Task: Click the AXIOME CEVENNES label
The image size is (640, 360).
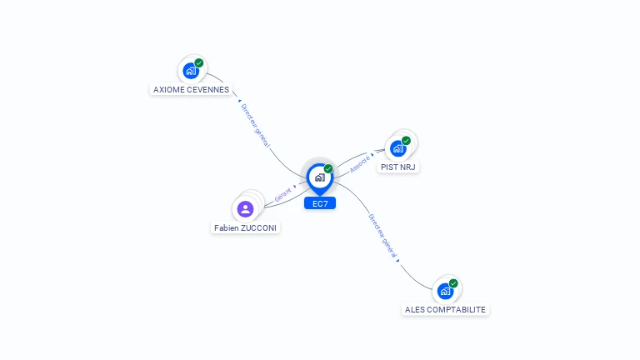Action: pyautogui.click(x=191, y=89)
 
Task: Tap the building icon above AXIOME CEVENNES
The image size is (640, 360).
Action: pyautogui.click(x=190, y=71)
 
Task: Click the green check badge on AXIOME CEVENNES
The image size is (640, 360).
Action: pyautogui.click(x=199, y=62)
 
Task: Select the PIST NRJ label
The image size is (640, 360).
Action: pyautogui.click(x=398, y=167)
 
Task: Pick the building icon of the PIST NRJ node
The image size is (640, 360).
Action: pyautogui.click(x=397, y=148)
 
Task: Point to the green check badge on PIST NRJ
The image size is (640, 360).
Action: pyautogui.click(x=406, y=140)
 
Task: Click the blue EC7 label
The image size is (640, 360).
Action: pyautogui.click(x=319, y=203)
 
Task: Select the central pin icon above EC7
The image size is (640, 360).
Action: pyautogui.click(x=319, y=177)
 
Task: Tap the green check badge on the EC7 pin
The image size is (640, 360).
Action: pyautogui.click(x=328, y=168)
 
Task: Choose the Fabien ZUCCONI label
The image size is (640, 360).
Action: pyautogui.click(x=245, y=227)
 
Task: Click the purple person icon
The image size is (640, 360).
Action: pyautogui.click(x=245, y=209)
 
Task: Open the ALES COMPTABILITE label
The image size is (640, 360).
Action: pyautogui.click(x=445, y=309)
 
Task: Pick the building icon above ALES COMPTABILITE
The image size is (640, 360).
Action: pyautogui.click(x=445, y=292)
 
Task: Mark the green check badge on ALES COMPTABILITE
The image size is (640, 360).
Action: pyautogui.click(x=453, y=283)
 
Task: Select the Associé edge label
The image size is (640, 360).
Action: pyautogui.click(x=360, y=163)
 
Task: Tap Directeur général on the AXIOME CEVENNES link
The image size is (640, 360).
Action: pyautogui.click(x=255, y=125)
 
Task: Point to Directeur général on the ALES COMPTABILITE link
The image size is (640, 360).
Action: pyautogui.click(x=382, y=237)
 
